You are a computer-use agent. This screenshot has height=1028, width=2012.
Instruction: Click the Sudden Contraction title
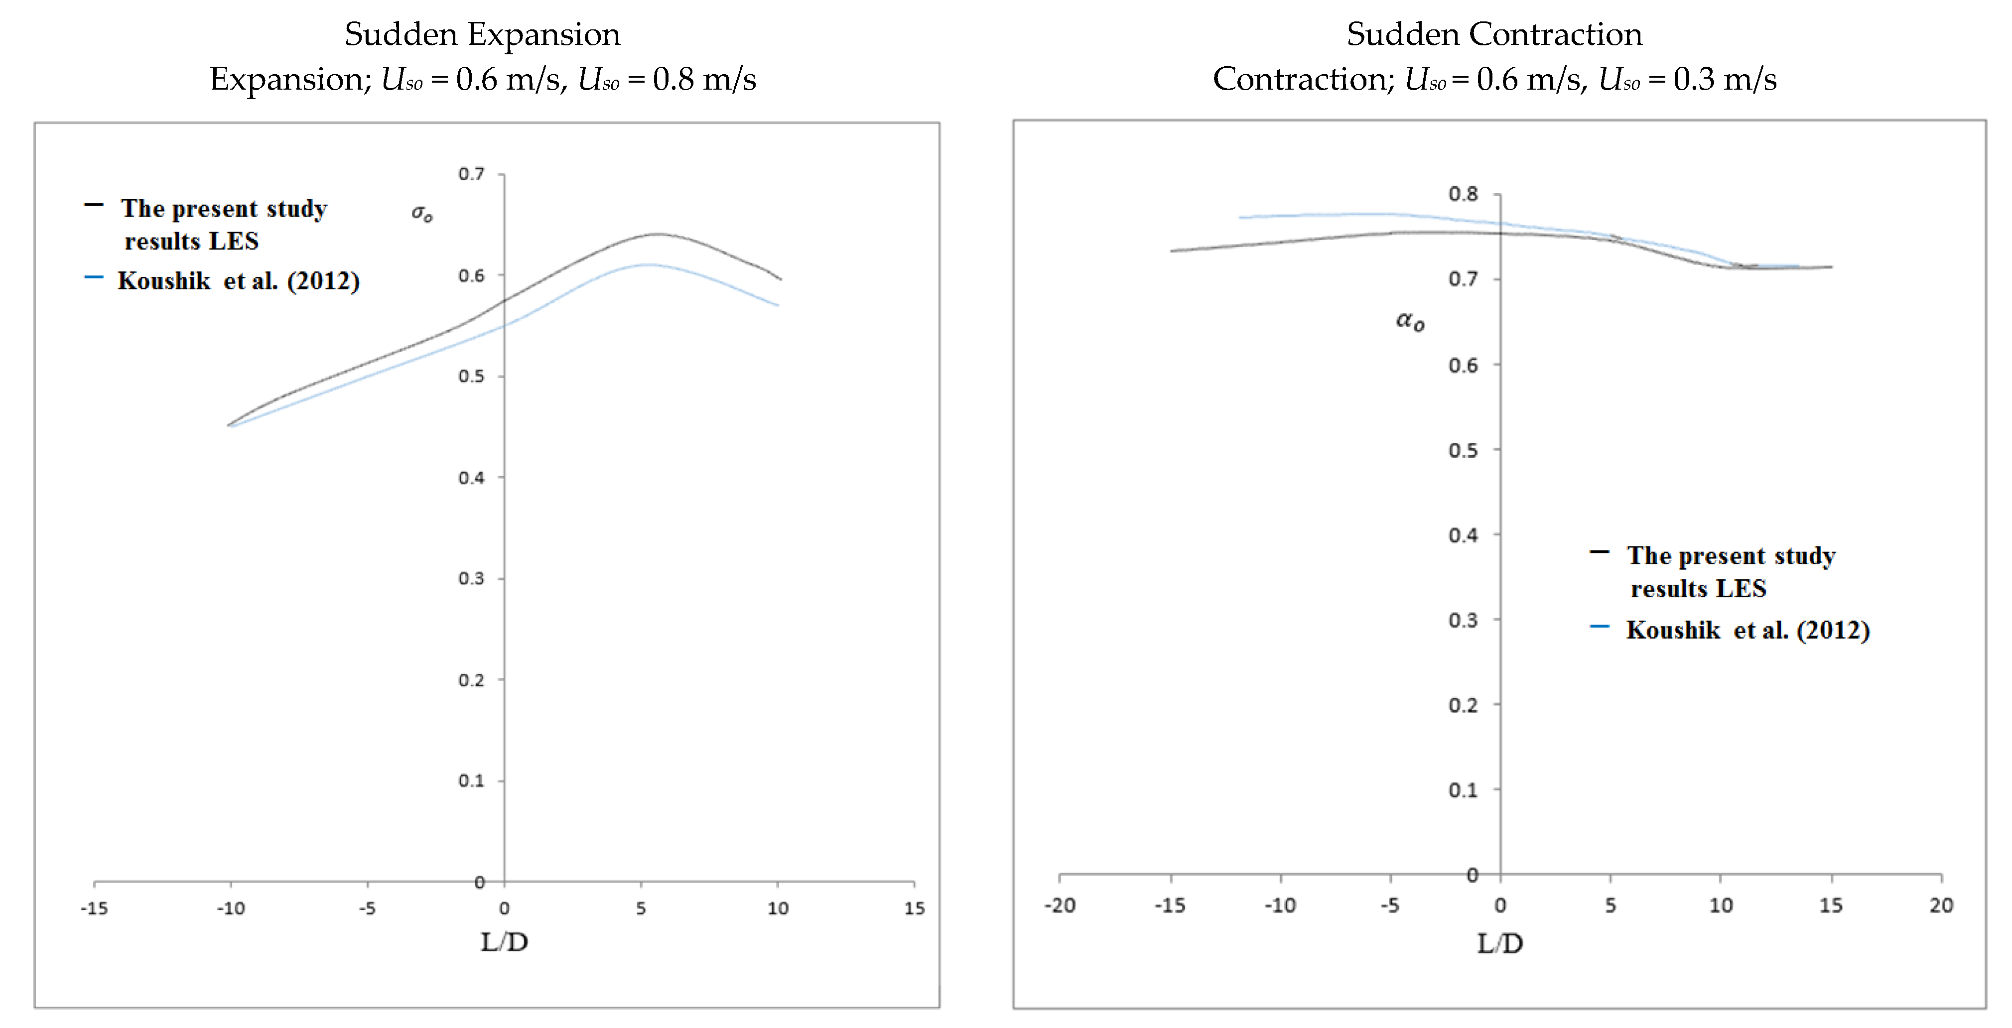[x=1493, y=34]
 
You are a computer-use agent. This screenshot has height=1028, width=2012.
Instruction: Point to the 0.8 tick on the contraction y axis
[x=1463, y=194]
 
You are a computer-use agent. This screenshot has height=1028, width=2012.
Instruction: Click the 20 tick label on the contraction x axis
[x=1941, y=905]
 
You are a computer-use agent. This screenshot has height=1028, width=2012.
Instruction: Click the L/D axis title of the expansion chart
[x=504, y=942]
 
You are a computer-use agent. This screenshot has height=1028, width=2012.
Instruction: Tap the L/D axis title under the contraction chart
[x=1499, y=944]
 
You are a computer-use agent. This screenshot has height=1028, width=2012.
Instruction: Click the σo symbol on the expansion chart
[x=422, y=213]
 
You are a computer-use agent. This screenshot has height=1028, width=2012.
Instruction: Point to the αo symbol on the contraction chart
[x=1410, y=320]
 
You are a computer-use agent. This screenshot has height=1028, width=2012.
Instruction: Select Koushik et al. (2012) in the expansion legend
[x=238, y=281]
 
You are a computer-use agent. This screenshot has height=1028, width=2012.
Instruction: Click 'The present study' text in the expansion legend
[x=224, y=209]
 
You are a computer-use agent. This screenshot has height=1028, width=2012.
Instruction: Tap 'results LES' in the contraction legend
[x=1698, y=589]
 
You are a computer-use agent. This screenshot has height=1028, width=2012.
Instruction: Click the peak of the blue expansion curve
[x=648, y=265]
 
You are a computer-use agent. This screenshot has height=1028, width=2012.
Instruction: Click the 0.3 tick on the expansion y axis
[x=472, y=579]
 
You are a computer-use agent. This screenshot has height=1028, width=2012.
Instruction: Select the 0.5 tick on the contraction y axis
[x=1463, y=451]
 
